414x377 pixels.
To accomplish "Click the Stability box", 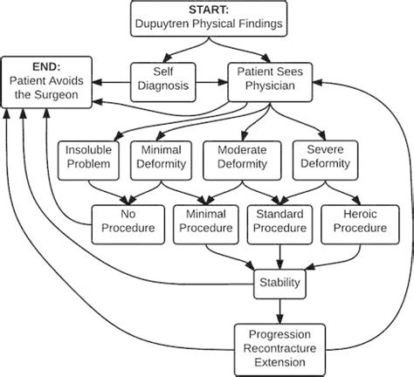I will (x=279, y=282).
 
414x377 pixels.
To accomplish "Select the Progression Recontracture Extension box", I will (x=279, y=346).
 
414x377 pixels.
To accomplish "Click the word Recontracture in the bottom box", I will (x=279, y=347).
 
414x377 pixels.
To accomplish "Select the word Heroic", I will (x=355, y=213).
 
